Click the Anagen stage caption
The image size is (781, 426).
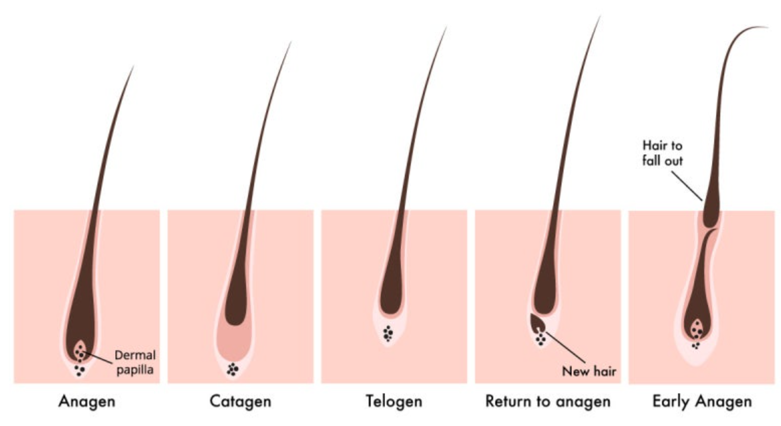click(x=87, y=401)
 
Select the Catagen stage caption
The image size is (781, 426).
click(x=240, y=401)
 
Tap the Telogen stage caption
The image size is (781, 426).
click(x=394, y=401)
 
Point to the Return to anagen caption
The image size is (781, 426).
click(x=547, y=401)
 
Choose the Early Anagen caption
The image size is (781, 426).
click(x=702, y=401)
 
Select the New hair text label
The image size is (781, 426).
click(x=589, y=371)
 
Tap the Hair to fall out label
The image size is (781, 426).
click(x=662, y=153)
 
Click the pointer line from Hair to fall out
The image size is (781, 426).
click(x=687, y=185)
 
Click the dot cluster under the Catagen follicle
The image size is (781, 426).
click(x=233, y=370)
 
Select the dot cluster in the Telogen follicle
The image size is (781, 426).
click(x=387, y=334)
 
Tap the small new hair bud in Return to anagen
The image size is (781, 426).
click(x=536, y=322)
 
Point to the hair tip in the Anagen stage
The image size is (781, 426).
click(x=133, y=68)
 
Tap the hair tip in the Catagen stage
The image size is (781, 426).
click(x=290, y=43)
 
